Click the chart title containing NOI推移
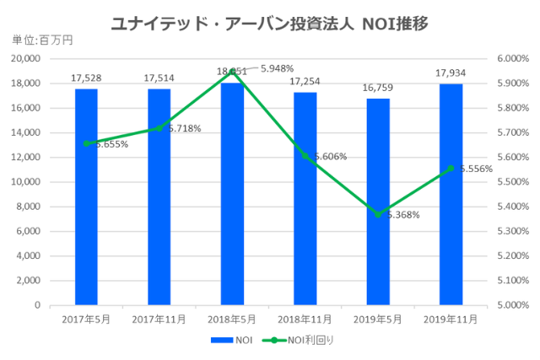(x=269, y=23)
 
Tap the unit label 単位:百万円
(x=37, y=40)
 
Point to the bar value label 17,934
(x=451, y=73)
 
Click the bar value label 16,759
(x=378, y=88)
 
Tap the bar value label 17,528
(x=86, y=78)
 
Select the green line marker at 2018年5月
(x=232, y=72)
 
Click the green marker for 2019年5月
(x=378, y=214)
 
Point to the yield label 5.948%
(x=278, y=68)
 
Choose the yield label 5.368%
(x=402, y=215)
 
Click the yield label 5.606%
(x=330, y=157)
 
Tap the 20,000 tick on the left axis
(x=30, y=59)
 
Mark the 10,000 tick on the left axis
(x=30, y=182)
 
